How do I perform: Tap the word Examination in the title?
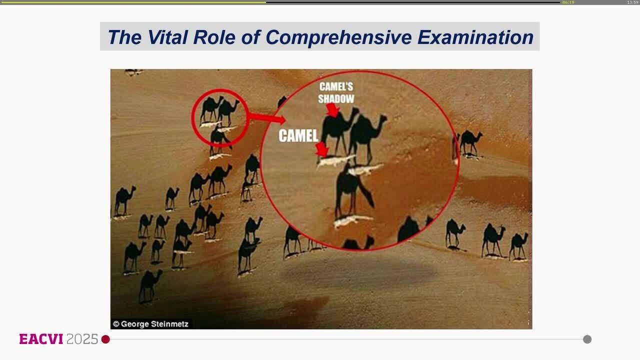click(x=475, y=37)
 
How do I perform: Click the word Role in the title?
click(x=214, y=37)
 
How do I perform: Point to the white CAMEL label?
click(x=298, y=135)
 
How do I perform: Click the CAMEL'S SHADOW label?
click(x=336, y=92)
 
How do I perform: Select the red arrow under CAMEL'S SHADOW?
click(x=333, y=110)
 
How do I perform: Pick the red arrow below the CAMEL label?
click(x=322, y=149)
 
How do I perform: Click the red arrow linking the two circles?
click(x=266, y=117)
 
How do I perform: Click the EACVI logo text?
click(x=41, y=339)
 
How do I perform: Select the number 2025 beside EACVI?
click(x=82, y=339)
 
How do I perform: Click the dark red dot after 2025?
click(x=105, y=339)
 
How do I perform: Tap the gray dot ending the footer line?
click(x=587, y=339)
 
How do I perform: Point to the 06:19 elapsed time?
click(x=568, y=2)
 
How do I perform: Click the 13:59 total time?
click(x=633, y=2)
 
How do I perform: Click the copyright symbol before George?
click(x=116, y=324)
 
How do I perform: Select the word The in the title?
click(x=124, y=37)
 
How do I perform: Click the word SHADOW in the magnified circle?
click(x=336, y=99)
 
